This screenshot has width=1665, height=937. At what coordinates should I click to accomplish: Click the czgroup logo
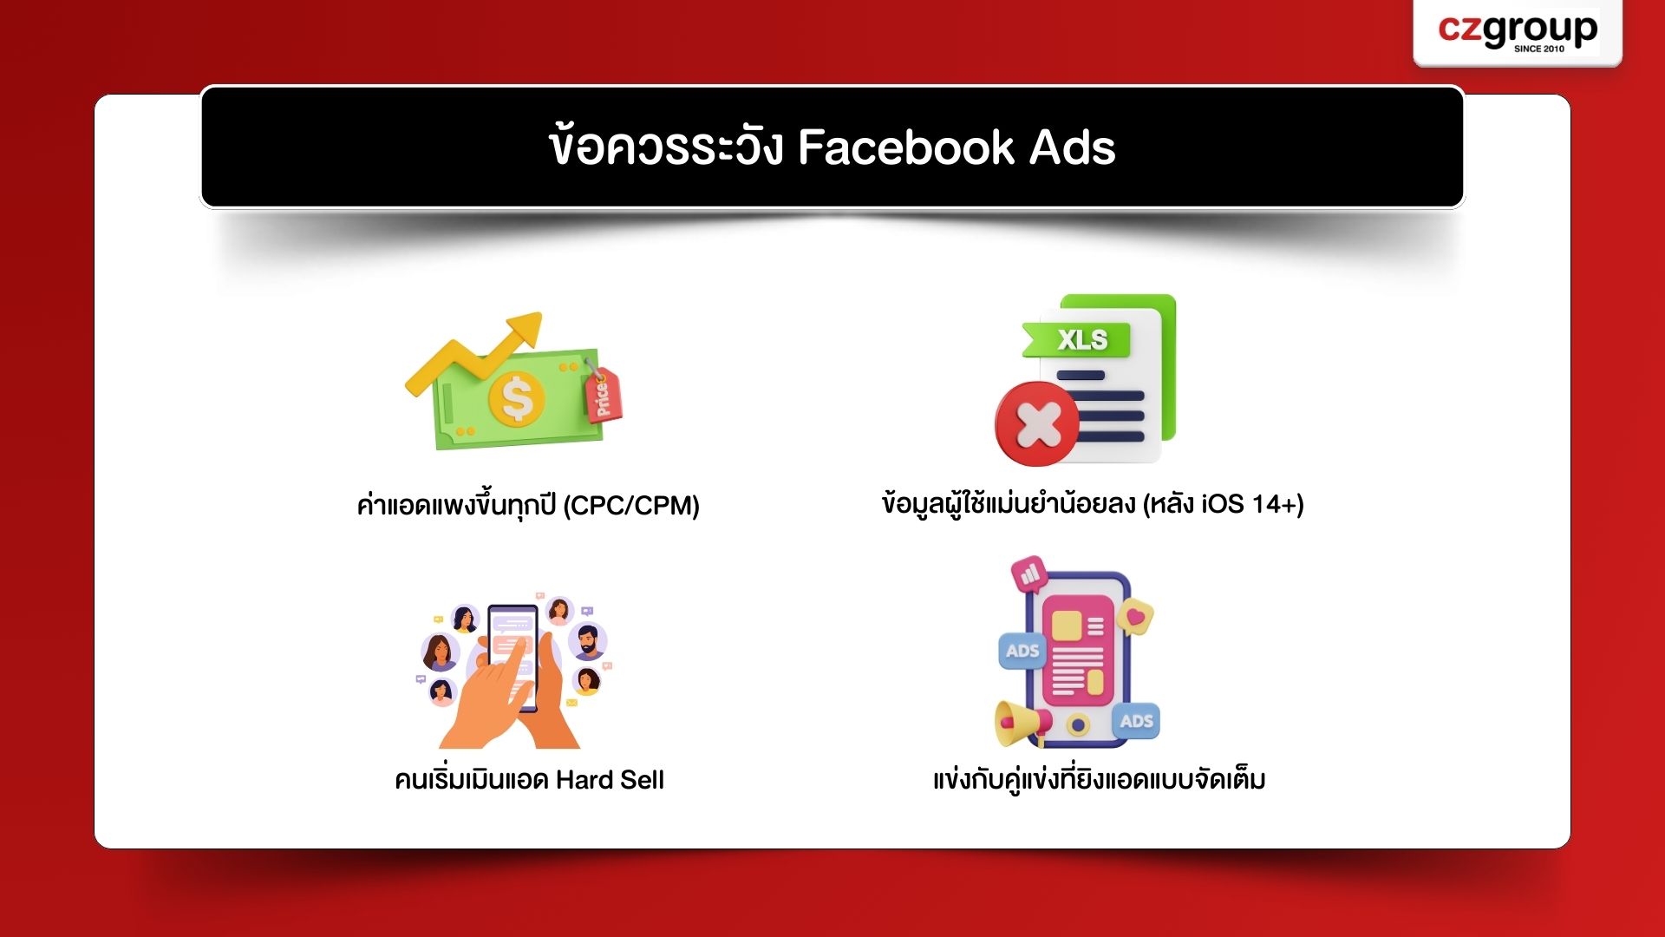pos(1518,31)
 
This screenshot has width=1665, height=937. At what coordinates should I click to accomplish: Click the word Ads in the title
pos(1072,147)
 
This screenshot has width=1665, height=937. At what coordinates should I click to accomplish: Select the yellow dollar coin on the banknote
pos(517,399)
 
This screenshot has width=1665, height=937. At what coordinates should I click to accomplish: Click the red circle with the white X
pos(1037,424)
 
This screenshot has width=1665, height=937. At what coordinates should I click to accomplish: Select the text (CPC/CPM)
pos(631,505)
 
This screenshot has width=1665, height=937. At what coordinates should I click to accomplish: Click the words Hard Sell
pos(610,779)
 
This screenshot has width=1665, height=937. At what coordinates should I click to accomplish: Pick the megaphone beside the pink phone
pos(1022,723)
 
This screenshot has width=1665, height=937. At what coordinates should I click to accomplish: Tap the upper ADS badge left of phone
pos(1022,651)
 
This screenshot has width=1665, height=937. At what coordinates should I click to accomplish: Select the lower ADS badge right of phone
pos(1136,721)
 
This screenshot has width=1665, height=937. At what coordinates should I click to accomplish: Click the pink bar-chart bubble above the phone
pos(1029,574)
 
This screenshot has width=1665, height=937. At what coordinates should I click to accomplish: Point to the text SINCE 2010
pos(1539,49)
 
